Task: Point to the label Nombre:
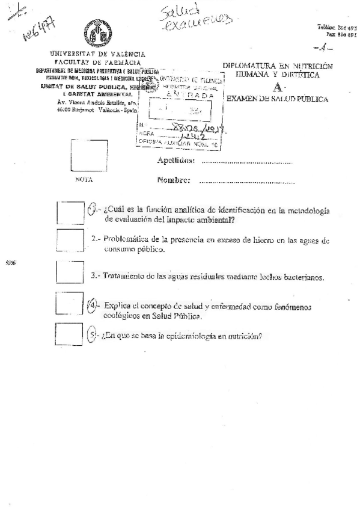pos(174,180)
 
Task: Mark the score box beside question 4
pos(68,303)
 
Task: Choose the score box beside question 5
pos(68,334)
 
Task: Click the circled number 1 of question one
pos(92,209)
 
